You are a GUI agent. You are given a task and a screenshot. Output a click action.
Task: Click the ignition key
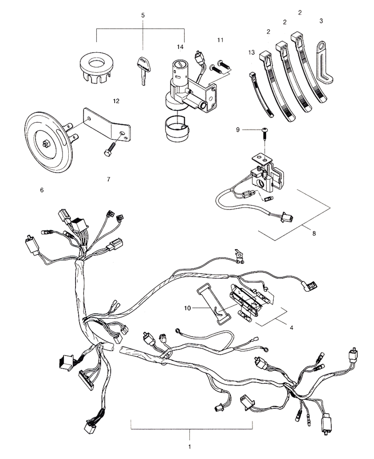pos(143,69)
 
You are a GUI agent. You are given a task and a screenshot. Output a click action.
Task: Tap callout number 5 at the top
pos(143,15)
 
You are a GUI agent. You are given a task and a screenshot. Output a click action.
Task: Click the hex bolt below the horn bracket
pos(111,147)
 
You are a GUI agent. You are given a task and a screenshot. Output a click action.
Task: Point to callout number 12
pos(116,101)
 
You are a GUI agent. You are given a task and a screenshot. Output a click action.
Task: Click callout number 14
pos(180,47)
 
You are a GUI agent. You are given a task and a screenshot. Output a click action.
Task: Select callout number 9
pos(238,129)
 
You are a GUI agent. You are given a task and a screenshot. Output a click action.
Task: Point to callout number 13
pos(251,53)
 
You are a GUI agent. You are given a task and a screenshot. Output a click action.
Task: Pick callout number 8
pos(314,234)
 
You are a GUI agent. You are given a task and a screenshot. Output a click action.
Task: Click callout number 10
pos(187,308)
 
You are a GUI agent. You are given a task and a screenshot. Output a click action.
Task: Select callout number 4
pos(291,328)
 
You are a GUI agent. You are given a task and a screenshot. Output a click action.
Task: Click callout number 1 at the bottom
pos(190,447)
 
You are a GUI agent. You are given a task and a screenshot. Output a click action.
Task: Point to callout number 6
pos(42,190)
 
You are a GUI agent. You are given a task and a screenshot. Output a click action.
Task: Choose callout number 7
pos(109,179)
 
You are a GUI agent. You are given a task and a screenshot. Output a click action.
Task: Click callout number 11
pos(220,40)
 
